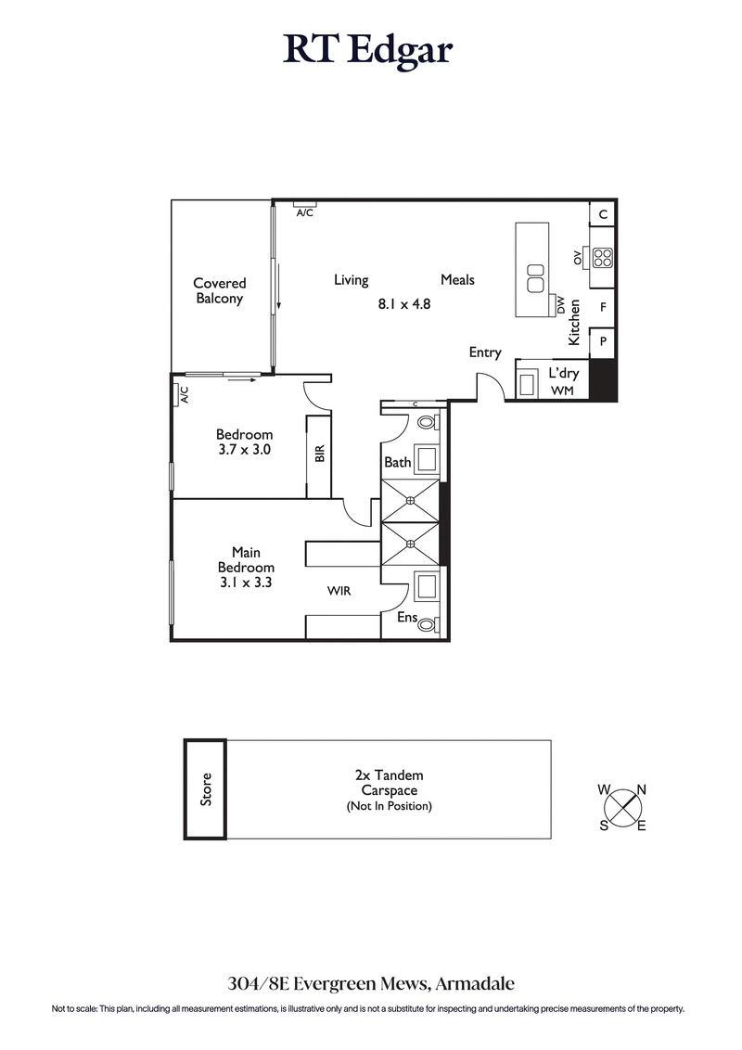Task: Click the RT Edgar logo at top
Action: (x=368, y=50)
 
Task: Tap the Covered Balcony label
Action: (x=220, y=291)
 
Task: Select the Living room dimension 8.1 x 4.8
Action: (x=404, y=303)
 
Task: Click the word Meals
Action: (x=457, y=280)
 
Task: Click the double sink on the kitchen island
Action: (x=534, y=276)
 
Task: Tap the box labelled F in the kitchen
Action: (x=603, y=307)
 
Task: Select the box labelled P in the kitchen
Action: (x=603, y=342)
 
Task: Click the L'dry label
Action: (x=563, y=372)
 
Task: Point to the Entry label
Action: (x=485, y=352)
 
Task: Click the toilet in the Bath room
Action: (x=428, y=422)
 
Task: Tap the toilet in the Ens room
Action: (x=428, y=625)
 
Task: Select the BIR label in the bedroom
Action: (x=319, y=454)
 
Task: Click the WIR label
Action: (x=339, y=590)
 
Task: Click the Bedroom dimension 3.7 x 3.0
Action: (x=244, y=450)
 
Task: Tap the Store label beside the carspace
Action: (x=206, y=788)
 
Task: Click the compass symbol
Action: (x=622, y=807)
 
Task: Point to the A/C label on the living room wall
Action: (x=304, y=212)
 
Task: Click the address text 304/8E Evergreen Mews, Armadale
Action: (x=370, y=982)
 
